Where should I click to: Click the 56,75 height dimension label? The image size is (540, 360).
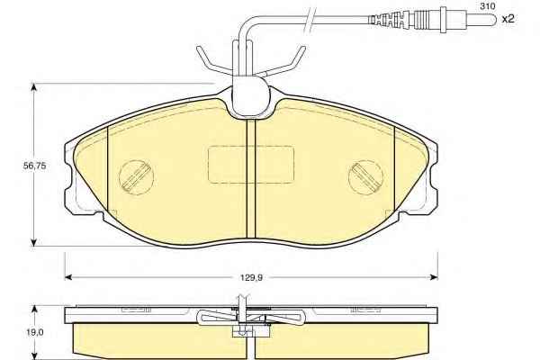(34, 166)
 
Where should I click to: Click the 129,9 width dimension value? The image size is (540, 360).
(251, 277)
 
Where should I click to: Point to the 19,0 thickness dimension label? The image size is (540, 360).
(35, 332)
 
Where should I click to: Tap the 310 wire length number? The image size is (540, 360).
(487, 6)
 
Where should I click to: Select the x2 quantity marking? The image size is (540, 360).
(508, 19)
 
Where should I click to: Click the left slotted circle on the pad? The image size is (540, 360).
(137, 177)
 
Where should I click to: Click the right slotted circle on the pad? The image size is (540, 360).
(365, 177)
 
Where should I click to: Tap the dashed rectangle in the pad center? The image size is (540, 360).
(251, 165)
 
